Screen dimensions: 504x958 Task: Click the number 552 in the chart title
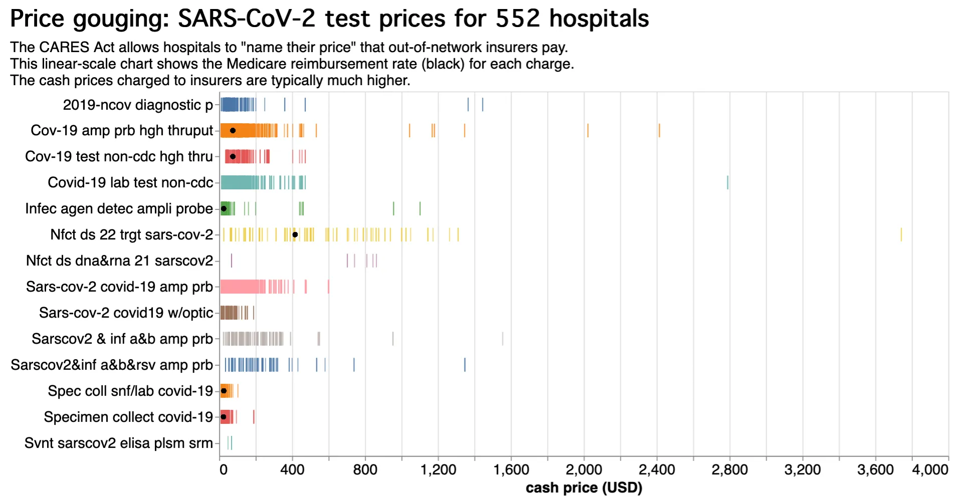[518, 19]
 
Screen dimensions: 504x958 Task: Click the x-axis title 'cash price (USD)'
[584, 488]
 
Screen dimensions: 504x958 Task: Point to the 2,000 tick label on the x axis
[584, 470]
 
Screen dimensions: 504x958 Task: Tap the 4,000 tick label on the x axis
[930, 470]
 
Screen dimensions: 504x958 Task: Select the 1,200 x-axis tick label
[438, 470]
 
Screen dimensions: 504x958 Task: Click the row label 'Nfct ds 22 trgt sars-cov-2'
[131, 234]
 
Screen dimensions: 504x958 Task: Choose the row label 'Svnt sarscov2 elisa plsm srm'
[119, 443]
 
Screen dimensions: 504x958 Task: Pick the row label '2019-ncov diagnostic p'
[138, 105]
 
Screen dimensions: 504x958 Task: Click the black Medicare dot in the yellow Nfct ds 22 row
[295, 234]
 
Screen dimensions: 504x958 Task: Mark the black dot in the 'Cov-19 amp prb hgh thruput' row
[232, 131]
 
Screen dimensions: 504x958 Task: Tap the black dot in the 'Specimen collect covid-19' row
[223, 417]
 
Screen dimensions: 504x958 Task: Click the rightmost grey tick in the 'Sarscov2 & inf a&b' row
[503, 339]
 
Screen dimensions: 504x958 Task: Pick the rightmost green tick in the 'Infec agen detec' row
[420, 208]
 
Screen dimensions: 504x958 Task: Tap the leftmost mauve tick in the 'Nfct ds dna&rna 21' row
[231, 261]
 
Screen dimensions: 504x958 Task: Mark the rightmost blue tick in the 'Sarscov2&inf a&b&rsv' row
[464, 365]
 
